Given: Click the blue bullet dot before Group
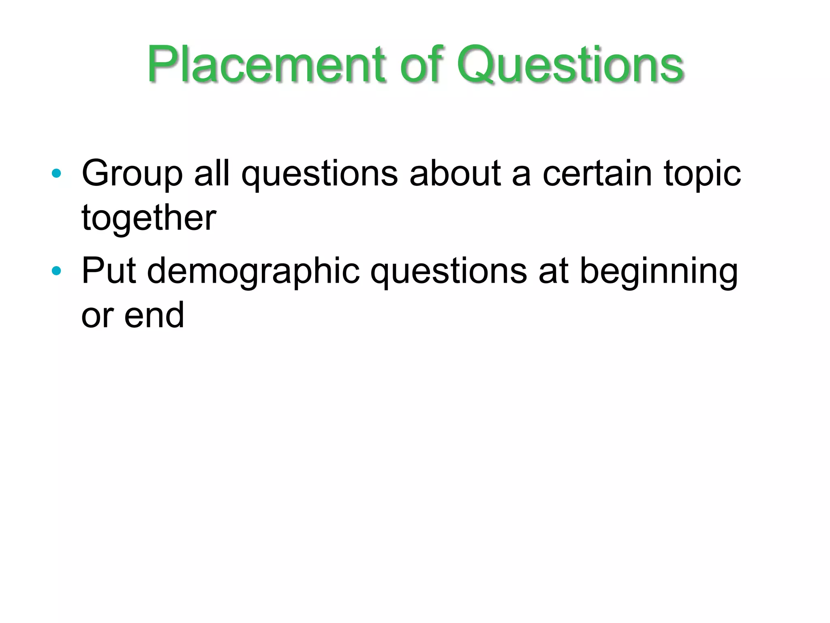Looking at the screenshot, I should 56,174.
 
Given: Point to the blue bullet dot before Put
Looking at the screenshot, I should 56,271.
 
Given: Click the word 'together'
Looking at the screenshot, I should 149,219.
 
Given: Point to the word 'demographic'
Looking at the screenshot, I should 253,272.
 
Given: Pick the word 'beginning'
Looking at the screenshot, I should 659,272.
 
